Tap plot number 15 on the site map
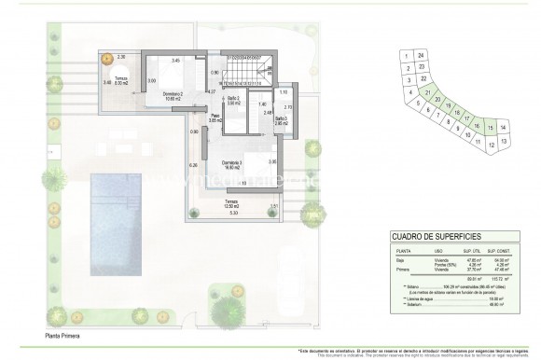click(490, 126)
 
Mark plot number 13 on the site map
click(504, 141)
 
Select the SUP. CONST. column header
click(500, 252)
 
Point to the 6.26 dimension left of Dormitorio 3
click(193, 165)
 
